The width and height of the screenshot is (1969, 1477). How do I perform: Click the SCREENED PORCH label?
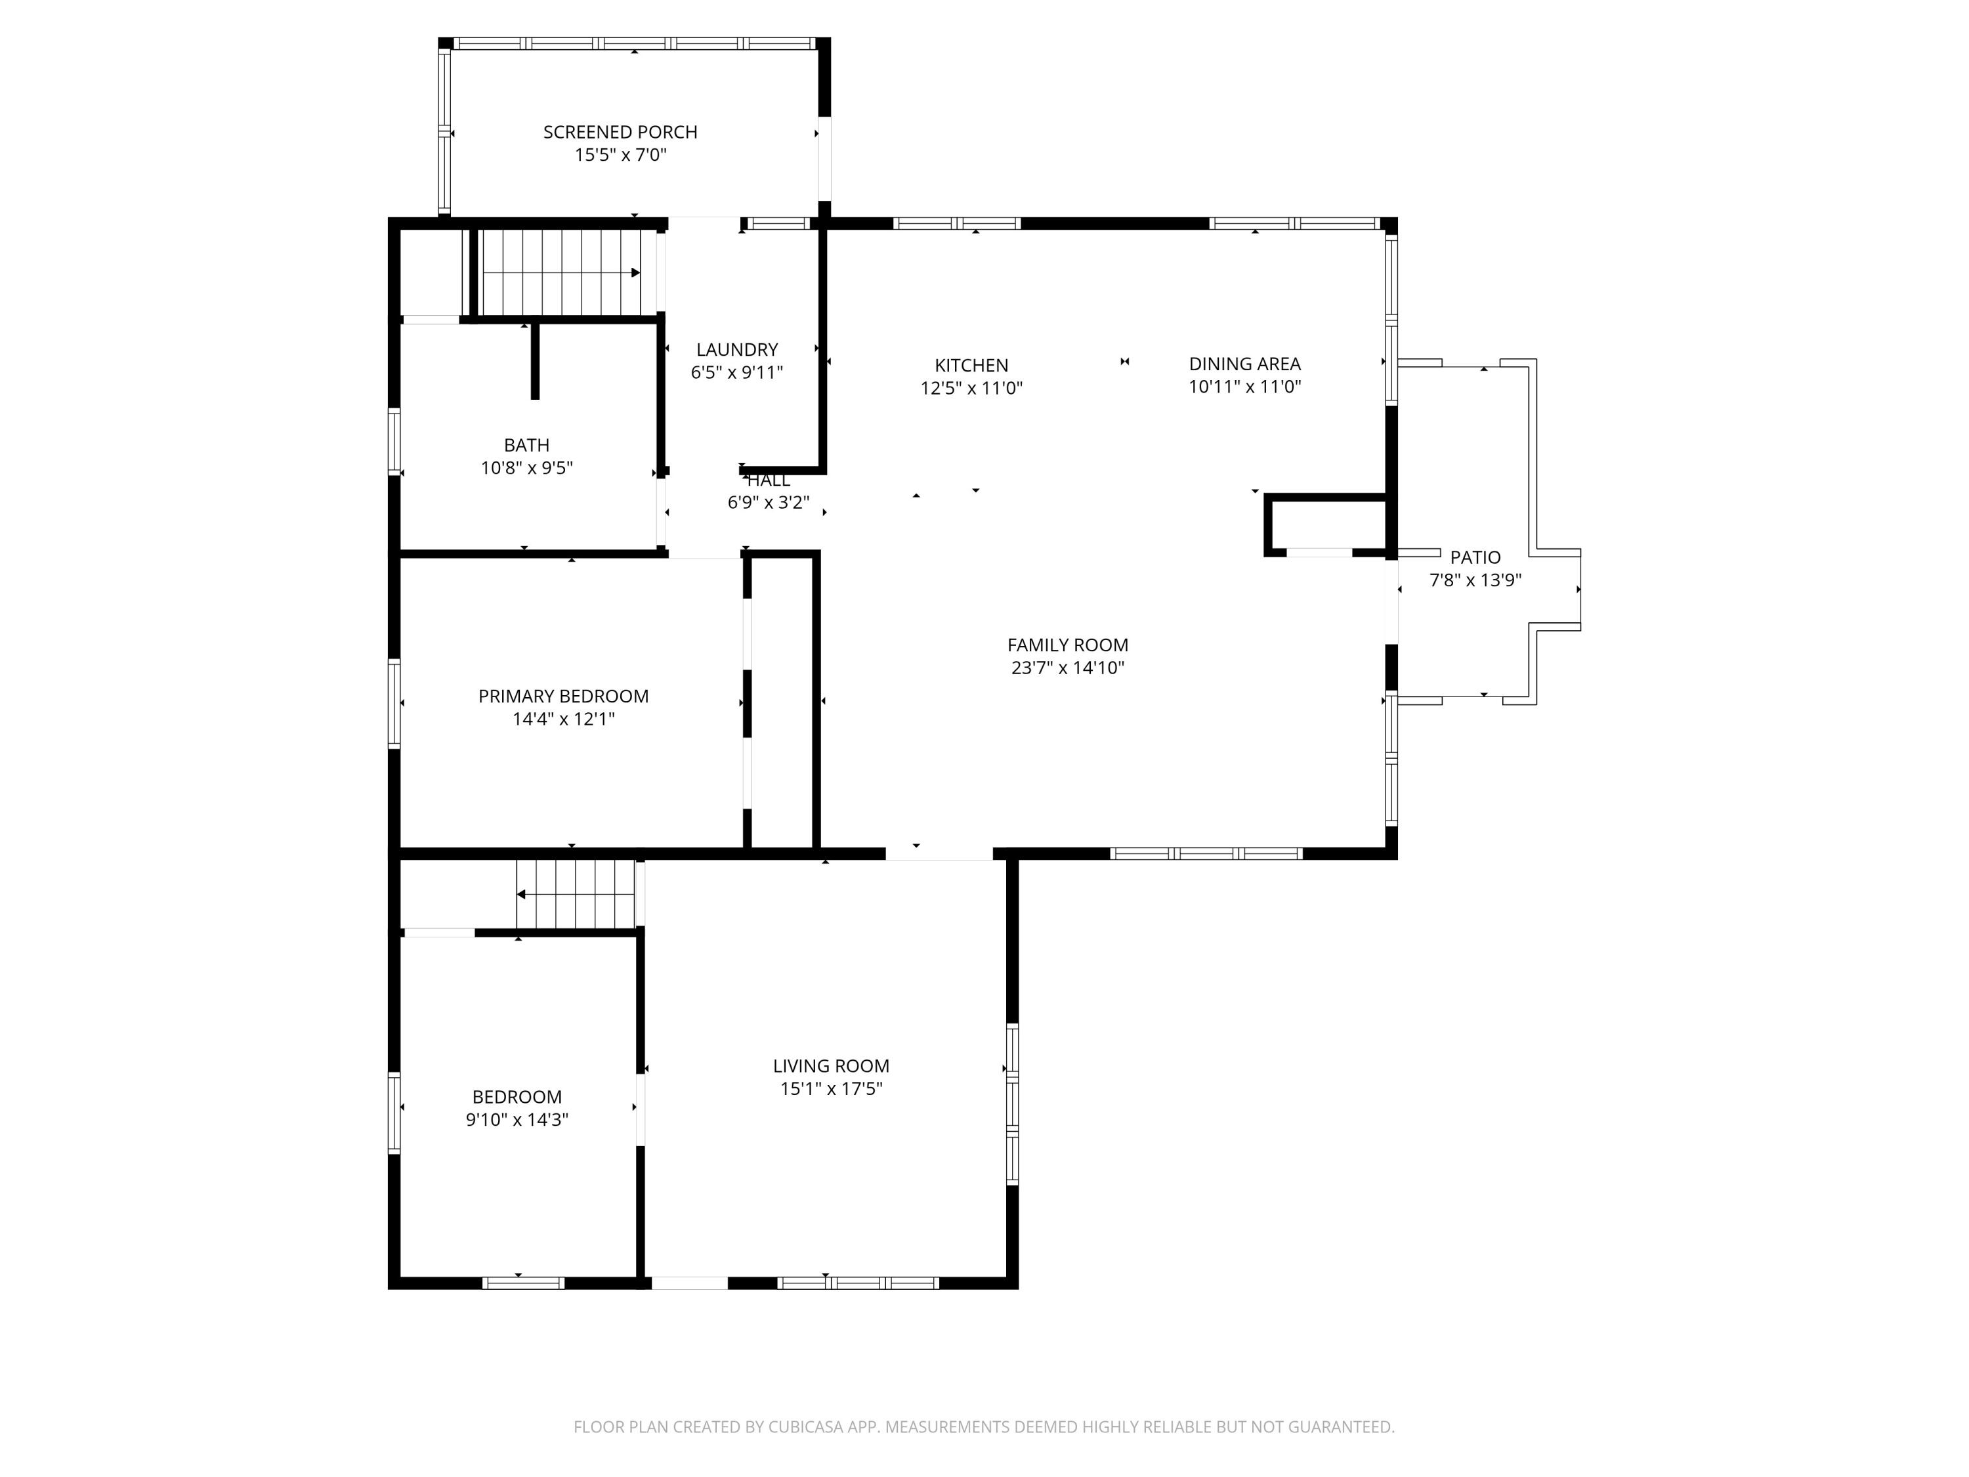point(620,132)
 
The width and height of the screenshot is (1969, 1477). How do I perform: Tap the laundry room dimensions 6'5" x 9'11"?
point(736,373)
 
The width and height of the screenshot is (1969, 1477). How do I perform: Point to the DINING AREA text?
point(1244,363)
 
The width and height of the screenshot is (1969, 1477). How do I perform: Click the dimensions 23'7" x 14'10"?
point(1067,668)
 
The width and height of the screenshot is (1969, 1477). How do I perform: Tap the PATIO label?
point(1474,557)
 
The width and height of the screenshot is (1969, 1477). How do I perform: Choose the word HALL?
point(768,481)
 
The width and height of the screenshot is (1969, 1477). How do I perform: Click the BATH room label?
point(526,445)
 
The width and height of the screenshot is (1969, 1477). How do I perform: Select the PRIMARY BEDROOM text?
point(562,696)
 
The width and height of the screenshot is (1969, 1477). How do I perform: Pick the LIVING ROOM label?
point(830,1065)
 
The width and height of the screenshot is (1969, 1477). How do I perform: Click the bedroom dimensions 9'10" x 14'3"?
point(517,1120)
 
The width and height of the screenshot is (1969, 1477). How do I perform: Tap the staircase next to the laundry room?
point(561,272)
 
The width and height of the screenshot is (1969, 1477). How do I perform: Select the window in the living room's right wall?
point(1012,1104)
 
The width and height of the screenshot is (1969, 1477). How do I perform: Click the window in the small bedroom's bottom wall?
point(523,1283)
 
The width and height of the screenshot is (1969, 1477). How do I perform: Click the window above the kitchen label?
point(957,223)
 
